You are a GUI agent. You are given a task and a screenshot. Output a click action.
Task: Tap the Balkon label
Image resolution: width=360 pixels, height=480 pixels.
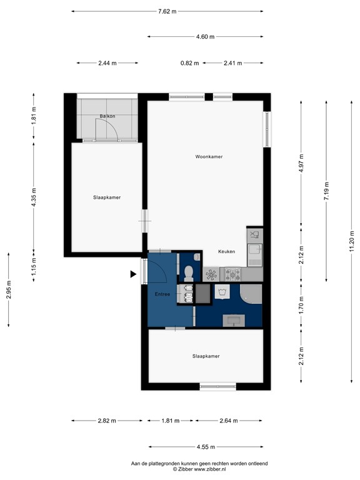(107, 116)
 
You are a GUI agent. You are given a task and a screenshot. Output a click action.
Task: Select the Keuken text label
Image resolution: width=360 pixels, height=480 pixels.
(226, 251)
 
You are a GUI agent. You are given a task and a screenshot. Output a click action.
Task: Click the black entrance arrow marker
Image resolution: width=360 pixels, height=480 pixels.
(132, 274)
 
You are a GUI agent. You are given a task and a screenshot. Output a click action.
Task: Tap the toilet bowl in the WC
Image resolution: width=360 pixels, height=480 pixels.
(188, 271)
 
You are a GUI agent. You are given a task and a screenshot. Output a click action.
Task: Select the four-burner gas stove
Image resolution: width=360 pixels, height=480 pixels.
(233, 273)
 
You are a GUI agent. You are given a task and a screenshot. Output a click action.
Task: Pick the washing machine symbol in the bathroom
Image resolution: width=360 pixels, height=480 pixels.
(222, 292)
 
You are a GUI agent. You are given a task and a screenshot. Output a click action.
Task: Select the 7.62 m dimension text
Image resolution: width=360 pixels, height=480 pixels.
(167, 11)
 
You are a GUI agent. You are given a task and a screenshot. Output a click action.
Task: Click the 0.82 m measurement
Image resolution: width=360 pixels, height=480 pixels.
(189, 63)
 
